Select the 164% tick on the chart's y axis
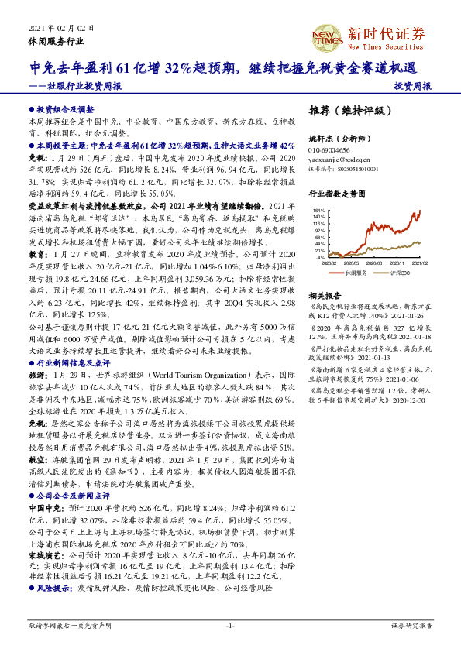(x=318, y=210)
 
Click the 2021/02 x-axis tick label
(x=419, y=263)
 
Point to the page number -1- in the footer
(x=229, y=624)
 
